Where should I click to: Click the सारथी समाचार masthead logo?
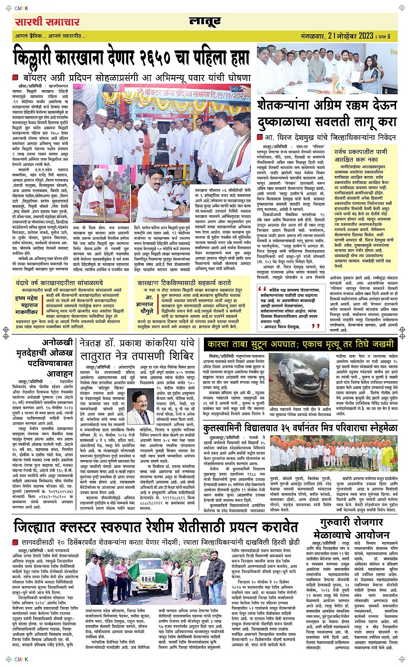coord(47,22)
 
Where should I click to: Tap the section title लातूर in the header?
coord(205,22)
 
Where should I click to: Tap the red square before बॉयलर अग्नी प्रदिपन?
coord(15,78)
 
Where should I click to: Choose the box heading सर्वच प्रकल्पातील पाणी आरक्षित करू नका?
coord(361,156)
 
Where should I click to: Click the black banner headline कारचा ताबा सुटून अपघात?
coord(299,345)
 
